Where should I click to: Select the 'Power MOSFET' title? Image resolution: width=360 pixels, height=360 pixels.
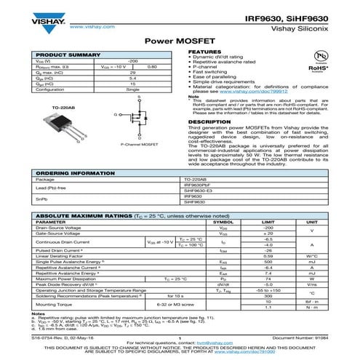pyautogui.click(x=179, y=42)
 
